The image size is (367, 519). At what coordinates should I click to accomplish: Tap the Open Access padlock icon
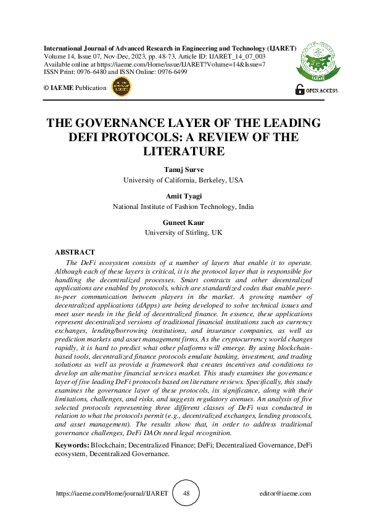[x=300, y=90]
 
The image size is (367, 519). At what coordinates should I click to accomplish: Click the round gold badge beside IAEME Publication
[x=121, y=88]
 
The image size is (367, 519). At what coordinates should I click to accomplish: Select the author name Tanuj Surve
[x=183, y=170]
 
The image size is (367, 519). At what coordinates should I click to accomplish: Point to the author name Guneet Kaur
[x=183, y=223]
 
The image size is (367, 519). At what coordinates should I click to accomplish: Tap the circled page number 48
[x=186, y=494]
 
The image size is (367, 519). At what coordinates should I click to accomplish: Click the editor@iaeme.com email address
[x=285, y=494]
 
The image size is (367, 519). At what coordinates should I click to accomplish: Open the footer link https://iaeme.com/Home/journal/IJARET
[x=112, y=494]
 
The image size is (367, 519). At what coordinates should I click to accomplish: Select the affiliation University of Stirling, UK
[x=183, y=233]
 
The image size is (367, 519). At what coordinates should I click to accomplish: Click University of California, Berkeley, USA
[x=183, y=180]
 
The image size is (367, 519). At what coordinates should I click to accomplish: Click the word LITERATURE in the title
[x=183, y=150]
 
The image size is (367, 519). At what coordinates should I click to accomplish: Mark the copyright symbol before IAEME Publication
[x=46, y=88]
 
